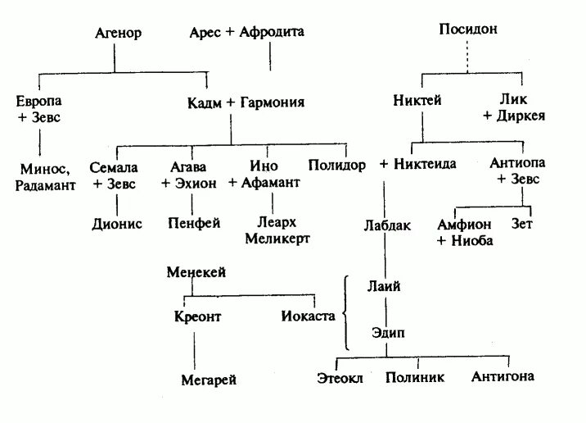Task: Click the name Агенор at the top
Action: (x=119, y=34)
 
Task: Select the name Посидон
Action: (x=467, y=29)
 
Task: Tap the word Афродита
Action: (x=272, y=34)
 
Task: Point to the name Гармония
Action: (x=273, y=102)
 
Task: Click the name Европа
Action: (x=38, y=102)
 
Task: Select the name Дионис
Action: (x=117, y=222)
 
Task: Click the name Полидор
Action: (x=336, y=165)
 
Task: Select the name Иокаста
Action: (x=308, y=316)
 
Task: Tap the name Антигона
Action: (x=503, y=376)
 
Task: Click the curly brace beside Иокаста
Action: (x=348, y=313)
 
